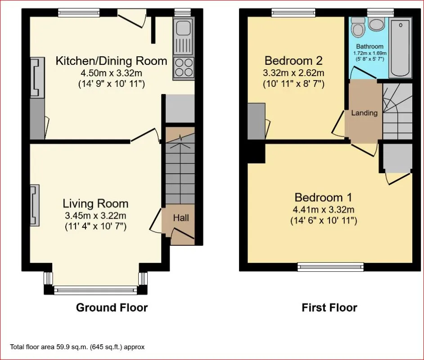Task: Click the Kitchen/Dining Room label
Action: (112, 61)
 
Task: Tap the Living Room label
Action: (95, 203)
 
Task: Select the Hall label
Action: (181, 218)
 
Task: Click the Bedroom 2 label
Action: (293, 61)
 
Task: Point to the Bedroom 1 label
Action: (324, 198)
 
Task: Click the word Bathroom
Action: (370, 46)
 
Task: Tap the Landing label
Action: (364, 112)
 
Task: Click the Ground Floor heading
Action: (112, 307)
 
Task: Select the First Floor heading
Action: (329, 307)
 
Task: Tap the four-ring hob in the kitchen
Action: (184, 67)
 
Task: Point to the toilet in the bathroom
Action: (359, 29)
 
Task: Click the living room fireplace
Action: (34, 205)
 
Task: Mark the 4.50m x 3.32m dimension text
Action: (112, 73)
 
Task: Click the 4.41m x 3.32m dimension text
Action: (324, 209)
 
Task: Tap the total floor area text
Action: (77, 347)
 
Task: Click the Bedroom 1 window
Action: (330, 267)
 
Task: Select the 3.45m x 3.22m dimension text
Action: (95, 216)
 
